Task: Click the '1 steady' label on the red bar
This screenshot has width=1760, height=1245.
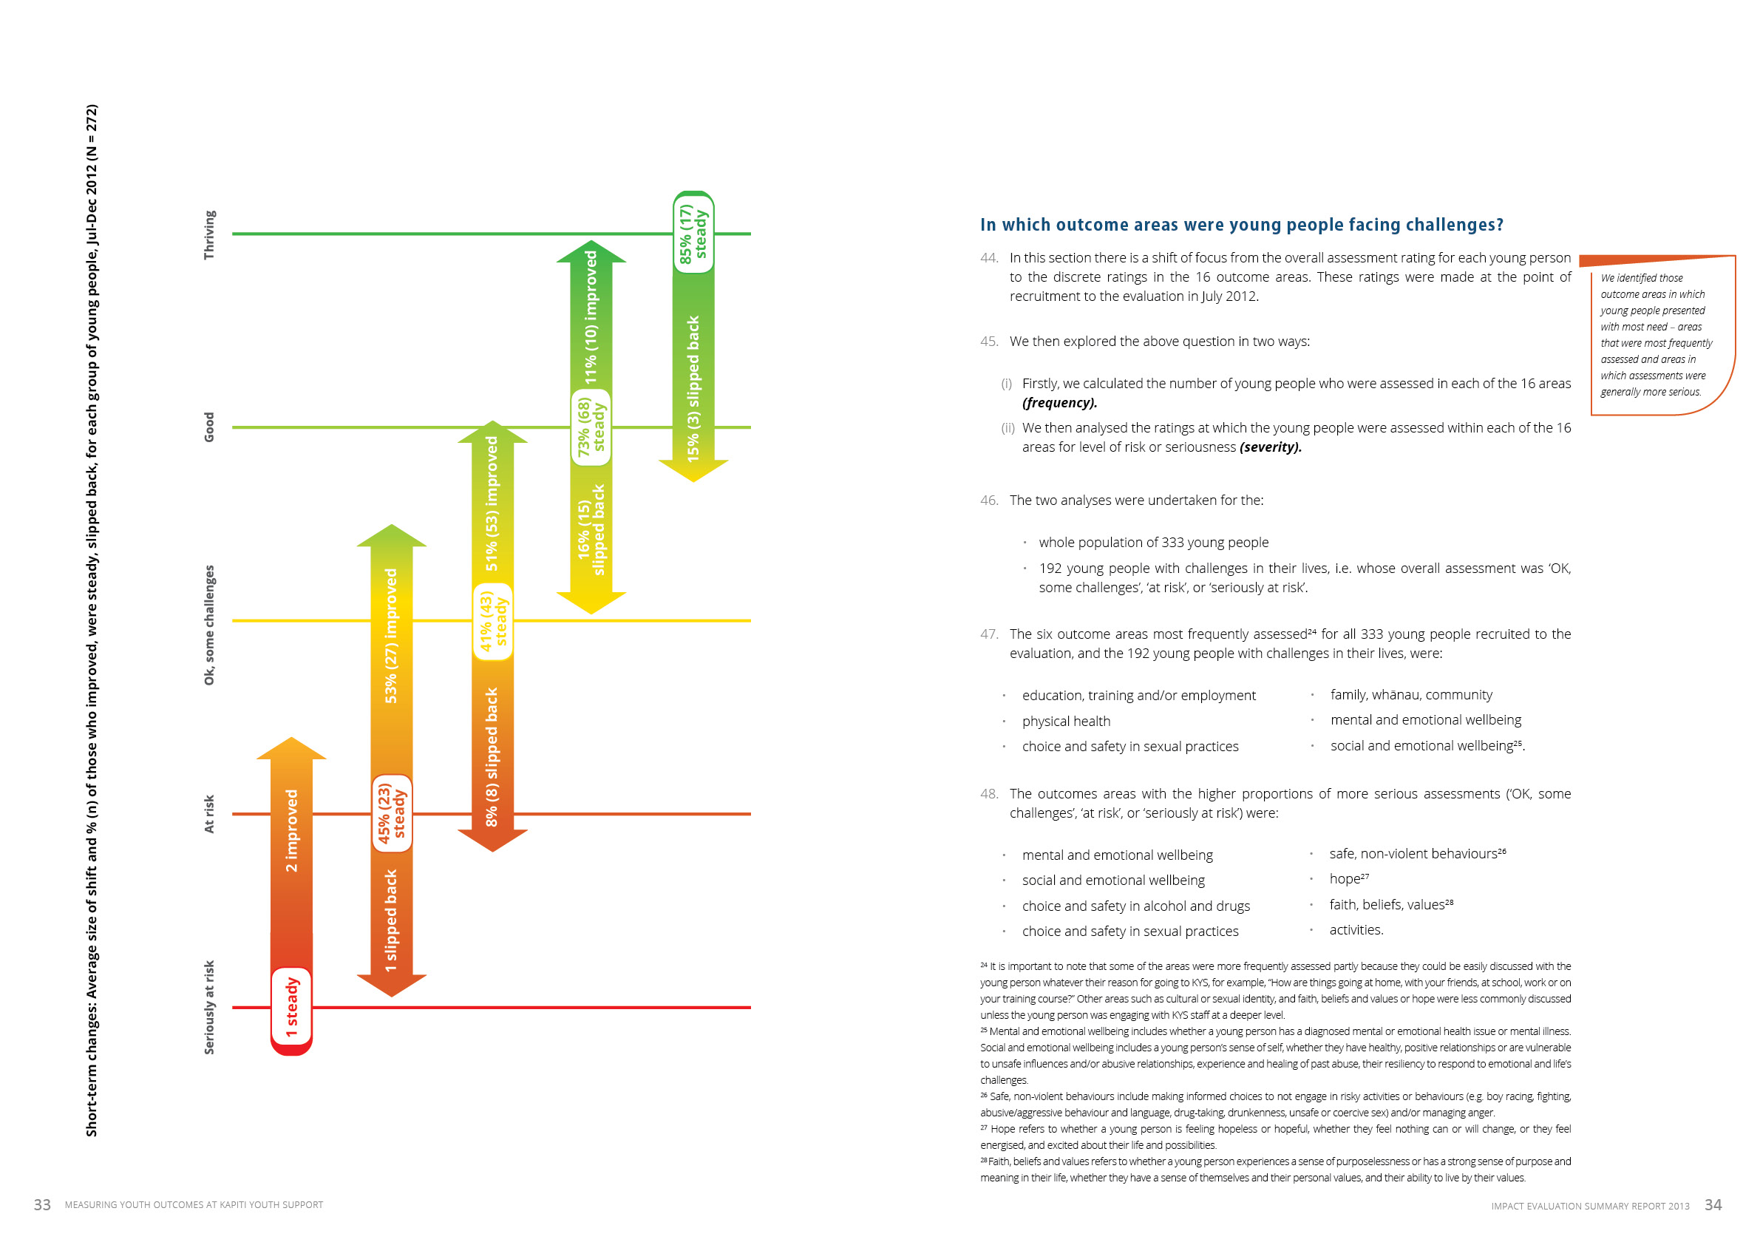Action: [291, 1007]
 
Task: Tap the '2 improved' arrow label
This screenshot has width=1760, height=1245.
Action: [291, 830]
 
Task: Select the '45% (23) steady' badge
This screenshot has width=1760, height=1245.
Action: [392, 813]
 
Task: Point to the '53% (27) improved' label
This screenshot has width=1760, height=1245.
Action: [391, 636]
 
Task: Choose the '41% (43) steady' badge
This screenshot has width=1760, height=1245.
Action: [493, 622]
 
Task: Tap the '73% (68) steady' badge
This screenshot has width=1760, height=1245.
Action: [591, 427]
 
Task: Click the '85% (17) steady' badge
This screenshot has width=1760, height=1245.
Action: [693, 233]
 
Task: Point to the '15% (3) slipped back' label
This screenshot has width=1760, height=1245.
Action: [693, 389]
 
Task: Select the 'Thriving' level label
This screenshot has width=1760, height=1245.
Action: [209, 234]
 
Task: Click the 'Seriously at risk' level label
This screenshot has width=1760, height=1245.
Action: [209, 1007]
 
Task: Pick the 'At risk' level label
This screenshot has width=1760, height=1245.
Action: [209, 813]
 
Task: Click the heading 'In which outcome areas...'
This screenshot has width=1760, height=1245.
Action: [1241, 225]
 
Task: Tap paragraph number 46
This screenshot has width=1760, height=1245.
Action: [989, 501]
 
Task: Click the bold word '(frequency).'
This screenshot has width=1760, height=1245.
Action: [1059, 403]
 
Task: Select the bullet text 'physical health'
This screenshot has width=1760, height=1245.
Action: [1065, 722]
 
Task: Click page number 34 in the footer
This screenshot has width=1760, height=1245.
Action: [1713, 1205]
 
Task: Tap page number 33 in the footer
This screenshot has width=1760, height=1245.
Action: [42, 1205]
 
